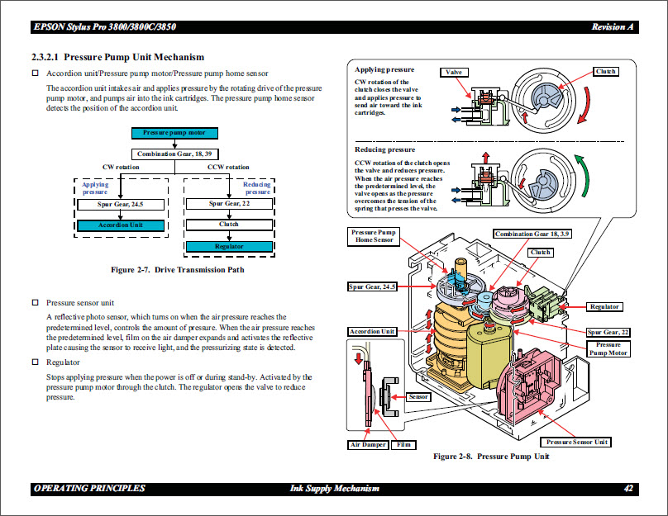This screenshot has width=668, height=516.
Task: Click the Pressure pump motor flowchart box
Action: coord(174,132)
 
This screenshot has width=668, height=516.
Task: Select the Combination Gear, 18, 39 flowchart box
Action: coord(174,154)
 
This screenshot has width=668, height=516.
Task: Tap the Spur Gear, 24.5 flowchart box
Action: coord(121,203)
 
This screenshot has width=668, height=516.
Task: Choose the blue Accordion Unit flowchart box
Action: coord(121,225)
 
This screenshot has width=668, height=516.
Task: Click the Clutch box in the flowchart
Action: coord(228,225)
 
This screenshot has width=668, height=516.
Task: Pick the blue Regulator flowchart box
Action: coord(228,246)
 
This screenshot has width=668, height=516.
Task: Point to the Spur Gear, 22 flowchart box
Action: coord(228,203)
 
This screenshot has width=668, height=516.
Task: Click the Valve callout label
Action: coord(454,73)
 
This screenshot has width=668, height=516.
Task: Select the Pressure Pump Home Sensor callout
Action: coord(374,236)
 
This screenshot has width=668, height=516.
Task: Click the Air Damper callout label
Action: coord(367,444)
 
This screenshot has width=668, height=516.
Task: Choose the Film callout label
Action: coord(404,444)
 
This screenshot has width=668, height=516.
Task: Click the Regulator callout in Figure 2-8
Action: coord(604,306)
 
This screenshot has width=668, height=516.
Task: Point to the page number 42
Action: coord(628,489)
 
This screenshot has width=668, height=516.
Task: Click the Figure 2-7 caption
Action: coord(178,269)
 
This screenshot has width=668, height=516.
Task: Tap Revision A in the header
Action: coord(613,27)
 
